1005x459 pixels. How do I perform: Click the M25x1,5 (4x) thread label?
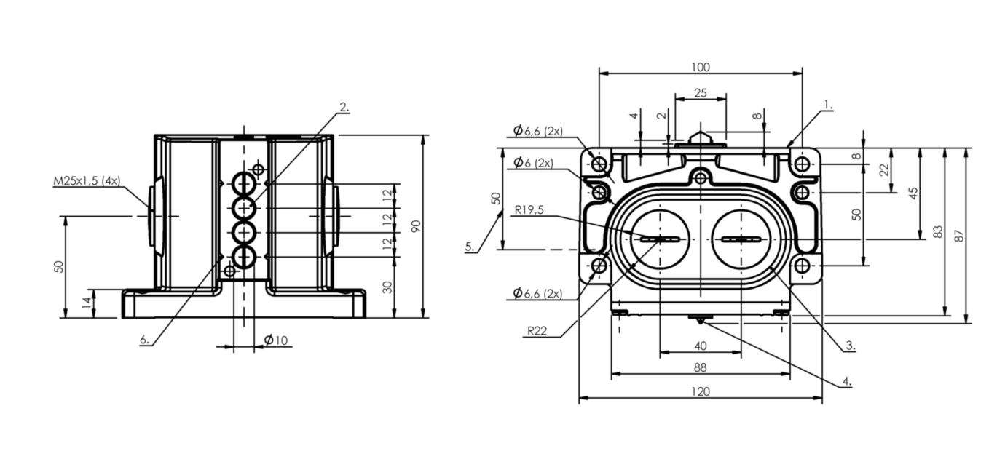(87, 180)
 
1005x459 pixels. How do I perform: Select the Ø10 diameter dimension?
(275, 340)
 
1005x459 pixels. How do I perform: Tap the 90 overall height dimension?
(417, 226)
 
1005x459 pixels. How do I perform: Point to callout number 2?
(344, 107)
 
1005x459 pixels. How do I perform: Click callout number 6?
(144, 340)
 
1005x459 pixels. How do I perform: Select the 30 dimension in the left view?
(388, 287)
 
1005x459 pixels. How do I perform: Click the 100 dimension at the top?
(701, 67)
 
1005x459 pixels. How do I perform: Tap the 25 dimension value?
(701, 93)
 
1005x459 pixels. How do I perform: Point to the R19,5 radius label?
(529, 209)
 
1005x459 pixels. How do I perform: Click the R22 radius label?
(537, 331)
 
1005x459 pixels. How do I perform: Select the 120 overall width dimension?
(701, 392)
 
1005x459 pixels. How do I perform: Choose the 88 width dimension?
(701, 367)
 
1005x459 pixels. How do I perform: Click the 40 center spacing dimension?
(701, 346)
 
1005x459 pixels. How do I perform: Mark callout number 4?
(847, 381)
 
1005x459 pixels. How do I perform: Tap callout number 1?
(828, 105)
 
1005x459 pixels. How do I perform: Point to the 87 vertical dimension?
(959, 236)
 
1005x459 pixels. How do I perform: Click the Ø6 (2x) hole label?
(534, 162)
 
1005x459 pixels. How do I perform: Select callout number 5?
(469, 247)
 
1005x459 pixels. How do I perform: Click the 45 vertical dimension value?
(913, 193)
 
